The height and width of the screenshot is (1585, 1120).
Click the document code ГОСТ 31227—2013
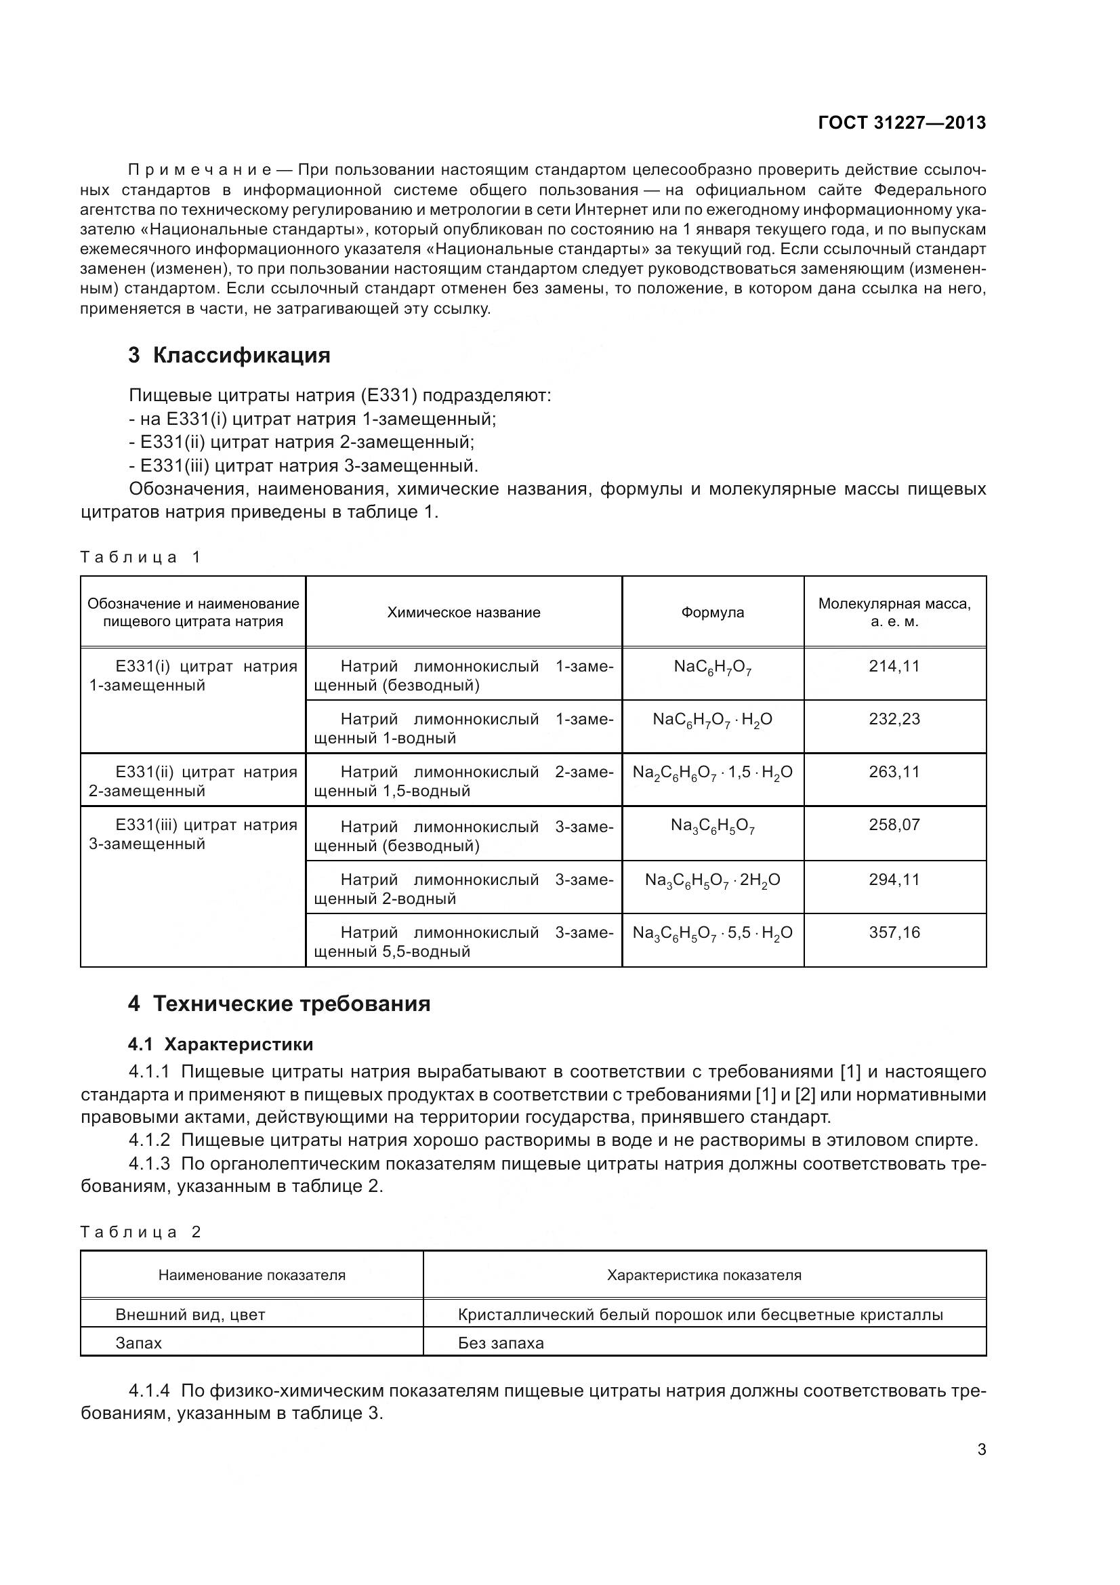coord(901,123)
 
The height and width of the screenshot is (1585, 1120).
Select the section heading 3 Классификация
coord(229,356)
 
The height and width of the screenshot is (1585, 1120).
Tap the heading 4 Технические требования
coord(278,1003)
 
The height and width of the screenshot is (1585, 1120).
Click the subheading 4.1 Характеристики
coord(221,1044)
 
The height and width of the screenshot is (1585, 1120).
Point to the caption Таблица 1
coord(140,557)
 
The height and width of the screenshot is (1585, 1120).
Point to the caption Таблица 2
coord(140,1232)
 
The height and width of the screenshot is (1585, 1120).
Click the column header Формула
coord(712,613)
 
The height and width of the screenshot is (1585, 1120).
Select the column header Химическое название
coord(463,613)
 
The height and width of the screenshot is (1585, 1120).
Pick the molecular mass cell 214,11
coord(894,666)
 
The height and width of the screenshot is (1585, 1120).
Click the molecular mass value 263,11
coord(894,772)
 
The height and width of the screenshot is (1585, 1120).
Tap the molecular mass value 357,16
coord(894,932)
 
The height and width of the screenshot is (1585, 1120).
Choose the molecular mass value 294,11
coord(894,880)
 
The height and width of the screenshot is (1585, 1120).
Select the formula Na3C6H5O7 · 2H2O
coord(712,880)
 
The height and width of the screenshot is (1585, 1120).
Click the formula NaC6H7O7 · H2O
coord(712,720)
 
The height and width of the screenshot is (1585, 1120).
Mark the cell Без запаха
coord(500,1342)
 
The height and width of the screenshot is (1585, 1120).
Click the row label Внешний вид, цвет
coord(190,1315)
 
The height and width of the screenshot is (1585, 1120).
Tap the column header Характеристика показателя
coord(704,1275)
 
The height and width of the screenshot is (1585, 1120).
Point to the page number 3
coord(981,1449)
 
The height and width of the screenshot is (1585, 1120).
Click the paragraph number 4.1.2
coord(149,1140)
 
